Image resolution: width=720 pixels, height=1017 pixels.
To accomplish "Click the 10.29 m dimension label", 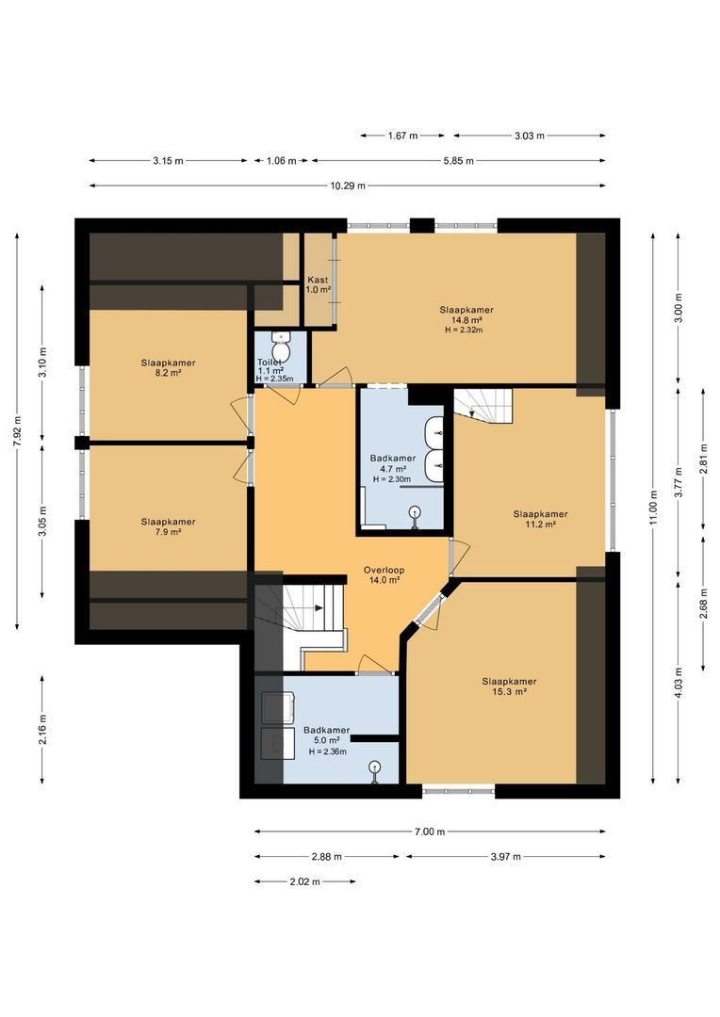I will pos(348,186).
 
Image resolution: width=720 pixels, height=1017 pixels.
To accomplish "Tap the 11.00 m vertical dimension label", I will pos(653,506).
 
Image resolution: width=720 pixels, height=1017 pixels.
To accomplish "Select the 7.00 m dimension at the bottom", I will pos(429,831).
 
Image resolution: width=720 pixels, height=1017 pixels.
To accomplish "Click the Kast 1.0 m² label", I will pos(318,284).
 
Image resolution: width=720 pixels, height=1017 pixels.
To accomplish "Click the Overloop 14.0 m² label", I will pos(383,575).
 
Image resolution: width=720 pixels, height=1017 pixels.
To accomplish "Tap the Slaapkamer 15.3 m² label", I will pos(509,686).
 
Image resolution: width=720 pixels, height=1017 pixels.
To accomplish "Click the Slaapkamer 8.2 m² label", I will pos(168,366).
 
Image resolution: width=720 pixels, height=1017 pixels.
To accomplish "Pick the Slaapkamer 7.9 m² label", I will pos(168,525).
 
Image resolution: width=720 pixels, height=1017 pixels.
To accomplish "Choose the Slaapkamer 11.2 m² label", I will pos(540,519).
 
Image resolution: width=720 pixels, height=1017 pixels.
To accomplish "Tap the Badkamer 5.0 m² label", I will pos(326,740).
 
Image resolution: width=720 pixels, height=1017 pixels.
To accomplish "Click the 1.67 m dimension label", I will pos(402,136).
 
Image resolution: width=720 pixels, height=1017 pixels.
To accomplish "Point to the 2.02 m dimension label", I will pos(304,882).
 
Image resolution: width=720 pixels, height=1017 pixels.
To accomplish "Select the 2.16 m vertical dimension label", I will pos(42,728).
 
